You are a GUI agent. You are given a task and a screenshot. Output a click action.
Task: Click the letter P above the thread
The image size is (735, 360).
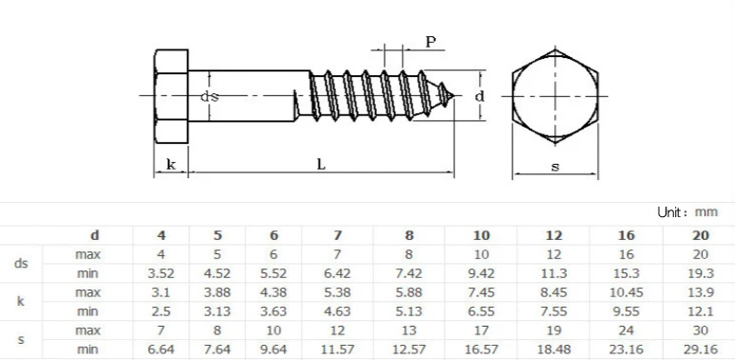tap(430, 42)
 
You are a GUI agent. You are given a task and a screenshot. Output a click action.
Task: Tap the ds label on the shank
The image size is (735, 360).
tap(209, 96)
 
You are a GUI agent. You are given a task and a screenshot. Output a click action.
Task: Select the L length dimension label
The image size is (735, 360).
tap(321, 164)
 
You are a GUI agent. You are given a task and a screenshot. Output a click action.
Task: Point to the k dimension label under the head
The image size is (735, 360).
tap(171, 164)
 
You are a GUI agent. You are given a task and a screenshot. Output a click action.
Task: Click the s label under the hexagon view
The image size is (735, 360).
tap(555, 167)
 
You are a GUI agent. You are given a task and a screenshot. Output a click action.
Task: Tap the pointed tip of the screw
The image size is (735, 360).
tap(455, 96)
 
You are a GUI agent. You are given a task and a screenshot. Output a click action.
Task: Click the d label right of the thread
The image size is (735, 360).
tap(480, 96)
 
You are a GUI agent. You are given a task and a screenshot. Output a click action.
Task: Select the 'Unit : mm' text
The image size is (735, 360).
tap(687, 211)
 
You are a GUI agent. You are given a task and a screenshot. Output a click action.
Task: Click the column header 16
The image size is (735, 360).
tap(626, 235)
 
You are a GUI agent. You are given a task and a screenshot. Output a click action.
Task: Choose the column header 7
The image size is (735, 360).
tap(337, 235)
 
